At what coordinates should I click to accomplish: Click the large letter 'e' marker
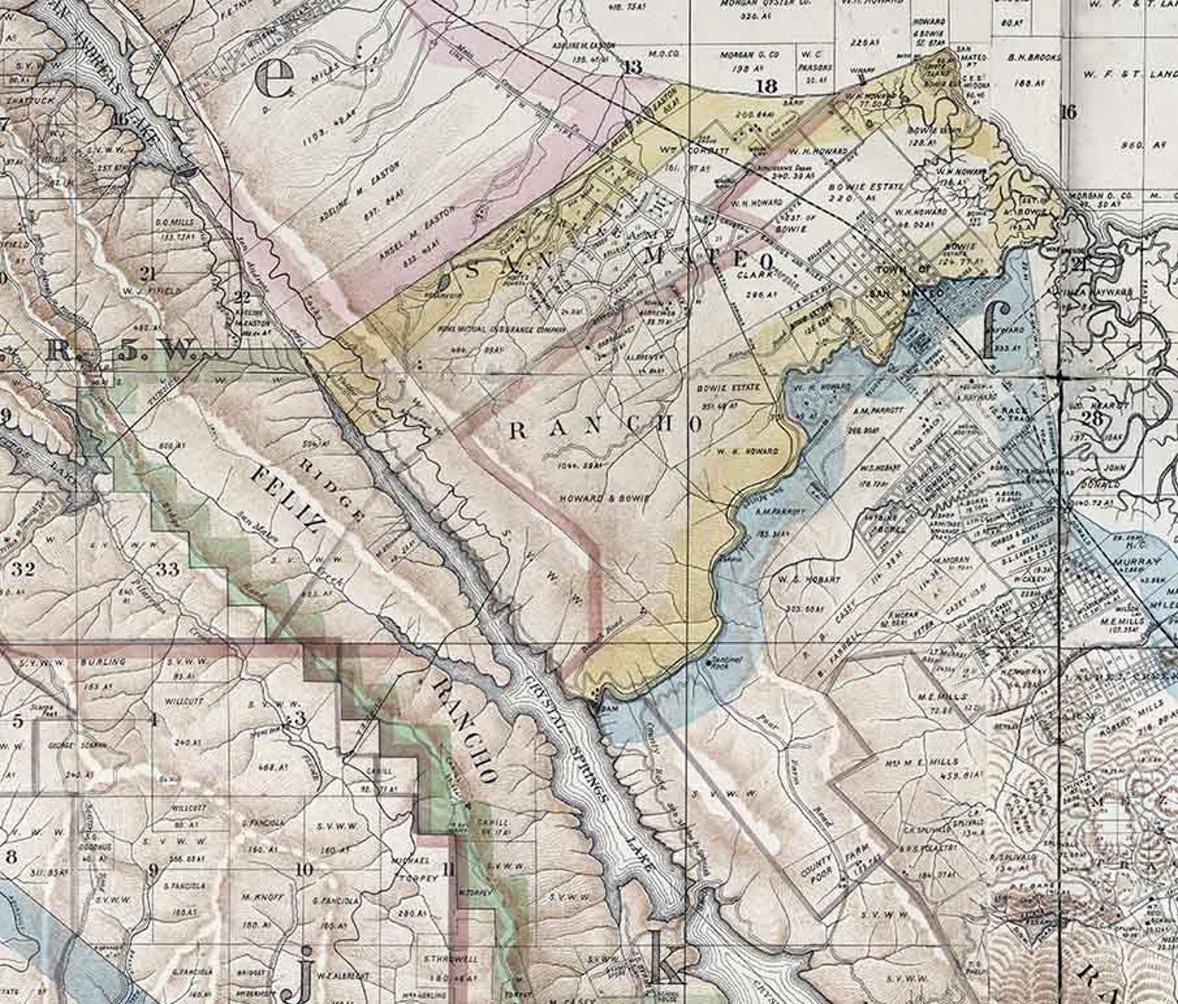274,79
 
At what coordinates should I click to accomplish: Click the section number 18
766,86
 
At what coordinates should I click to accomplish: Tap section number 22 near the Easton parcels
242,298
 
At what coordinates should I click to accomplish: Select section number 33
168,569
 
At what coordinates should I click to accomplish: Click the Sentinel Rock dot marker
710,660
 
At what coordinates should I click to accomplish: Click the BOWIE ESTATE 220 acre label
866,192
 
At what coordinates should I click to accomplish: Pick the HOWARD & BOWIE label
605,498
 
